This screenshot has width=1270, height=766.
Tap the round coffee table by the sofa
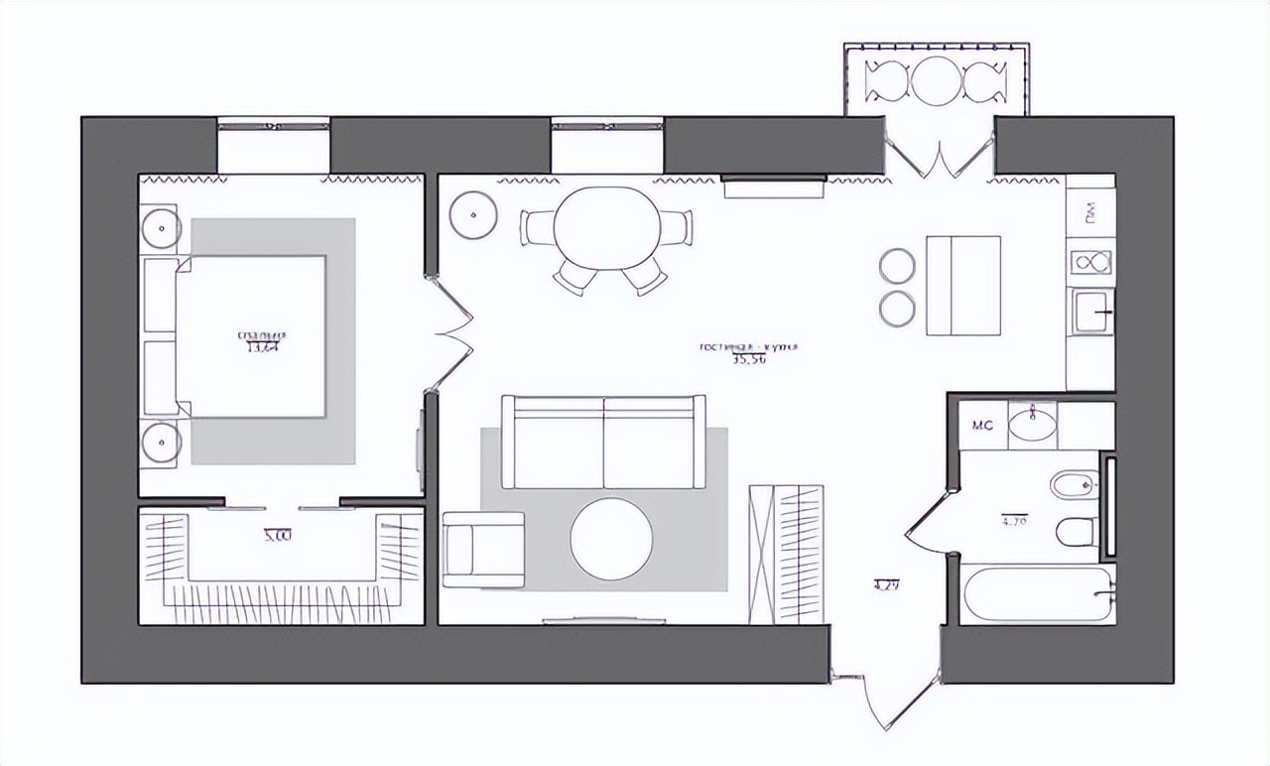pos(611,539)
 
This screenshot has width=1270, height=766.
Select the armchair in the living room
pos(483,549)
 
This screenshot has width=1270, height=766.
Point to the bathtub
pos(1037,593)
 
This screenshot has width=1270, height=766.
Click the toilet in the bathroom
pos(1076,532)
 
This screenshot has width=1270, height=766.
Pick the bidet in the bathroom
pos(1074,484)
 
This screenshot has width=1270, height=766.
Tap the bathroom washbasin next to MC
pos(1032,425)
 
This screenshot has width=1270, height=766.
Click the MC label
pos(982,427)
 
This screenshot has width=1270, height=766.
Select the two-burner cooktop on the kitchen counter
pos(1091,262)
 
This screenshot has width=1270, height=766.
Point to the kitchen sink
pos(1091,311)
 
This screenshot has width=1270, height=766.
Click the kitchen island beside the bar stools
pos(962,286)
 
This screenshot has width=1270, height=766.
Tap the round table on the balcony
pos(938,81)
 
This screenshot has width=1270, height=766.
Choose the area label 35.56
pos(750,359)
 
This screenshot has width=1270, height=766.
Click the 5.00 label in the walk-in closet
pos(278,536)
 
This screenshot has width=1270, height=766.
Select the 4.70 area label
pos(1014,519)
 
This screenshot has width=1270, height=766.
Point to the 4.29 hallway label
pos(886,584)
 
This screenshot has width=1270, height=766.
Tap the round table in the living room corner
pos(472,214)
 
